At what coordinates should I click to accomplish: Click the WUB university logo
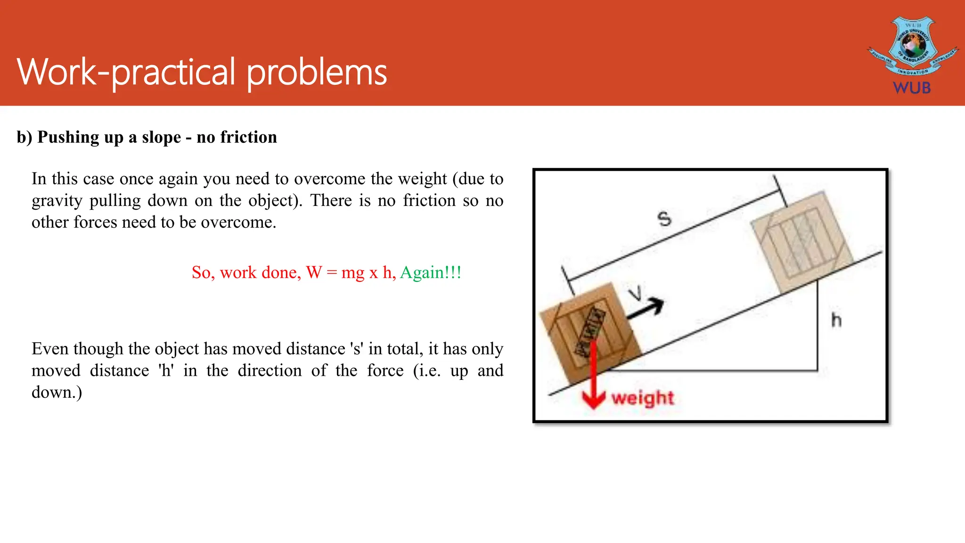[x=912, y=54]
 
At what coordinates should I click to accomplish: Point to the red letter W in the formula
[x=314, y=272]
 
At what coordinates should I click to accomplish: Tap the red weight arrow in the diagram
[x=593, y=377]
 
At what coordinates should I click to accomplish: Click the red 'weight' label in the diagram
[x=643, y=398]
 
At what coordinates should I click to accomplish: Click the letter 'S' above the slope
[x=664, y=219]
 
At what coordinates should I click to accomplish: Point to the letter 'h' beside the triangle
[x=836, y=321]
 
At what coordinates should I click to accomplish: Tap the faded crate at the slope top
[x=801, y=240]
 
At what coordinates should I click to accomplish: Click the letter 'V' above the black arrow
[x=636, y=293]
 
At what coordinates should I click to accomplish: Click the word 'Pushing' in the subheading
[x=68, y=137]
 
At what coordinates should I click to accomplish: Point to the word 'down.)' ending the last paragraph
[x=57, y=392]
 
